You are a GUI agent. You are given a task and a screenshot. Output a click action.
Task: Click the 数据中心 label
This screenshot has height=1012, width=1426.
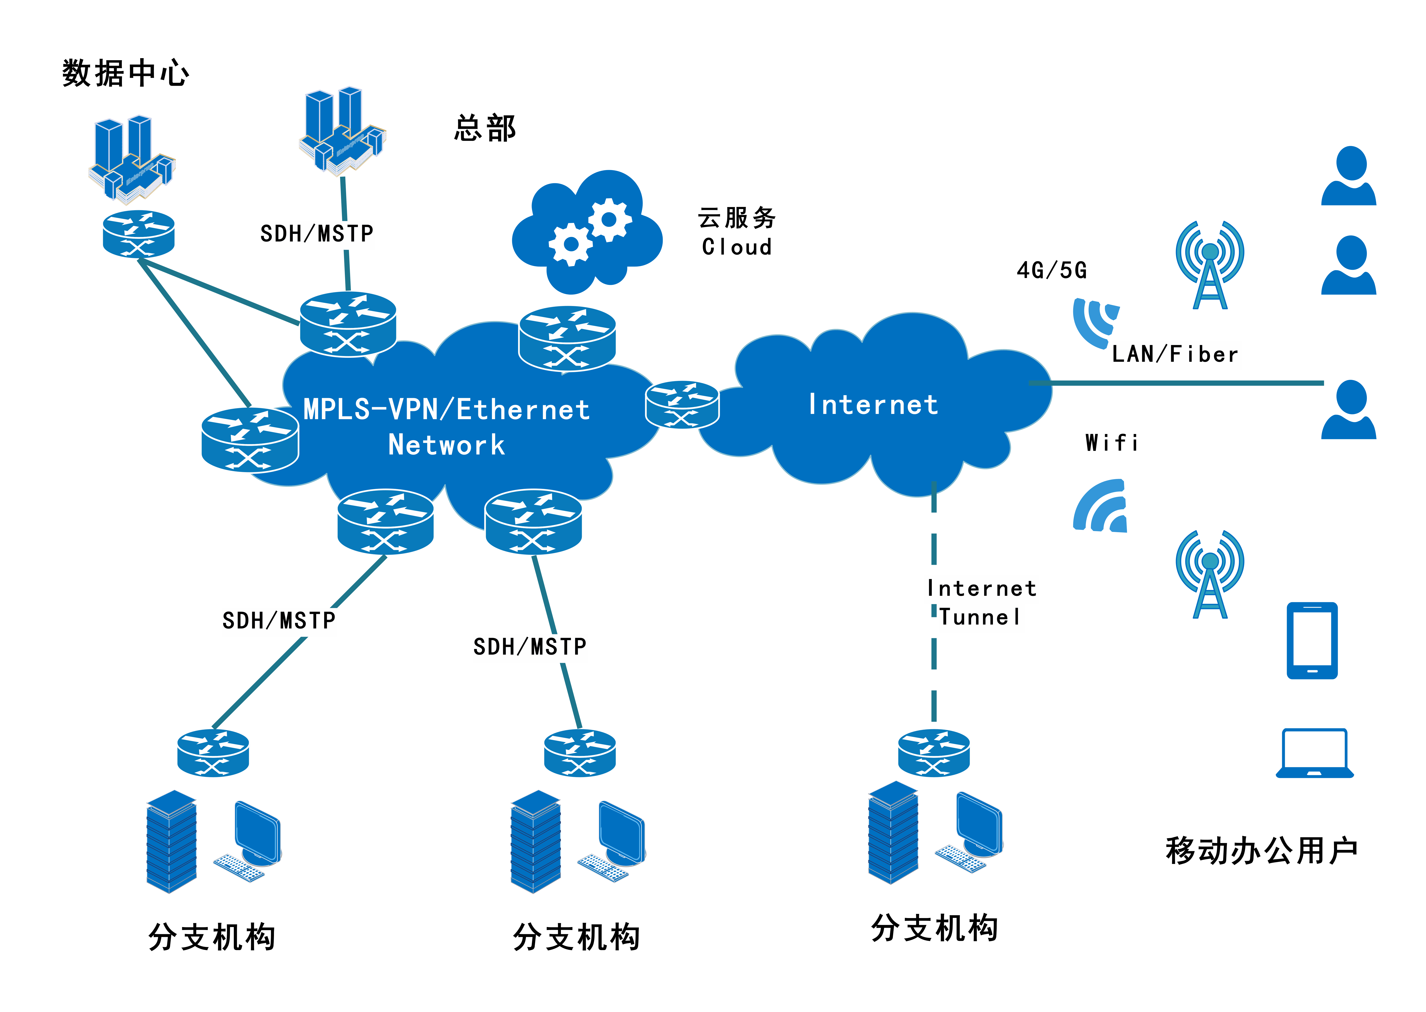pyautogui.click(x=125, y=74)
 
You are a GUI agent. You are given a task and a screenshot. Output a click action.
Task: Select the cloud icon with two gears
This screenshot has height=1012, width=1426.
pyautogui.click(x=587, y=232)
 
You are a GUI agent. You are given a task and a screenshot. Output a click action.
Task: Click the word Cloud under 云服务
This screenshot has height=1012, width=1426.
pyautogui.click(x=737, y=247)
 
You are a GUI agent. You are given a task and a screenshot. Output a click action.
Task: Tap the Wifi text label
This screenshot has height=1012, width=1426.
pyautogui.click(x=1112, y=443)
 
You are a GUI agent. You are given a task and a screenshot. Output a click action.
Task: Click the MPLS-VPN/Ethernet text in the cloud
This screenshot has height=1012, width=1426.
pyautogui.click(x=446, y=410)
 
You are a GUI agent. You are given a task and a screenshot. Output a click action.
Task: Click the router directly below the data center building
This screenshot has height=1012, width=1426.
pyautogui.click(x=138, y=234)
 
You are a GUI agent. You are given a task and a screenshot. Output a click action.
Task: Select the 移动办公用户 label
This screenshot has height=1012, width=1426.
pyautogui.click(x=1262, y=851)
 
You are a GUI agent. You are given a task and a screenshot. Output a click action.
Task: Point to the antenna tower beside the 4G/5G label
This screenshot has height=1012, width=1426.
pyautogui.click(x=1210, y=265)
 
